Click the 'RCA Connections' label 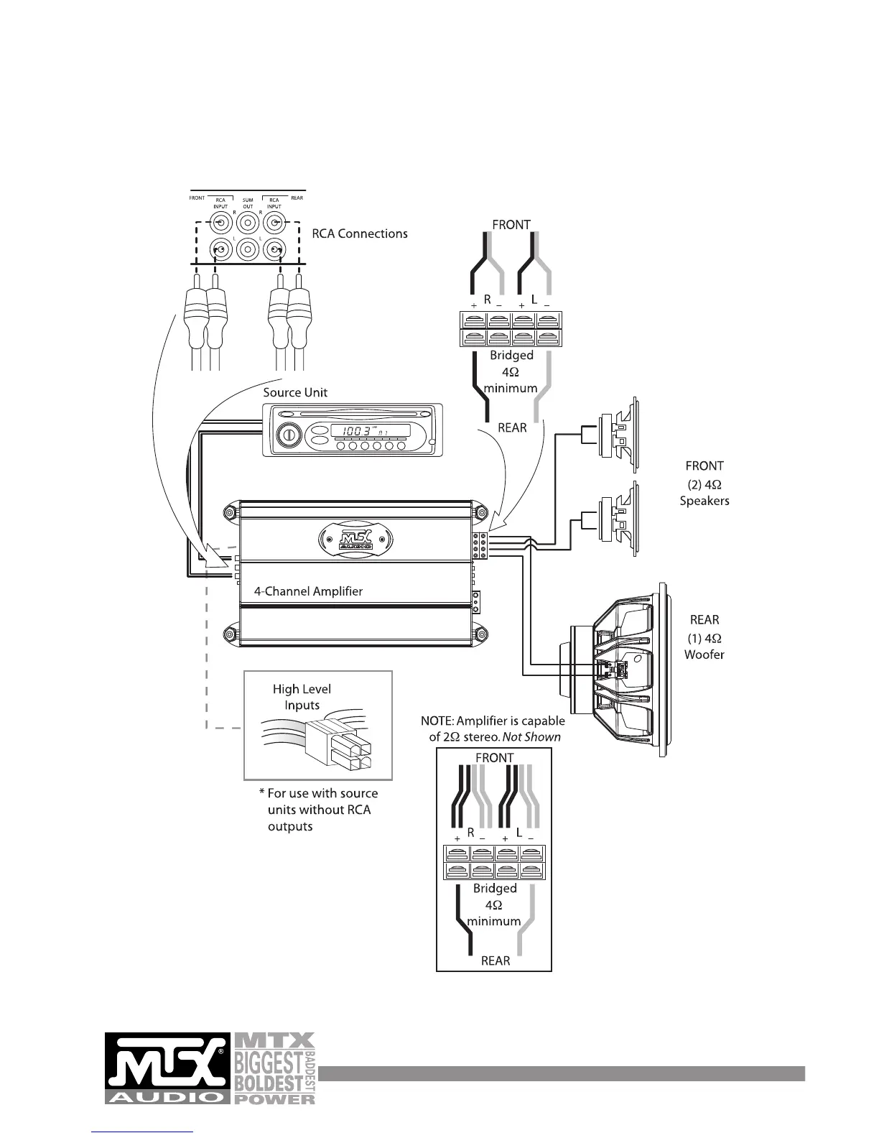tap(360, 233)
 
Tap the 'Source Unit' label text tap(295, 392)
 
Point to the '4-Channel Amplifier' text tap(308, 592)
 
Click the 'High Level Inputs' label tap(302, 697)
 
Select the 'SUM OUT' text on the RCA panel tap(248, 203)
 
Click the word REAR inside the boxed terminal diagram tap(495, 961)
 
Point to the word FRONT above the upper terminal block tap(511, 225)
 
